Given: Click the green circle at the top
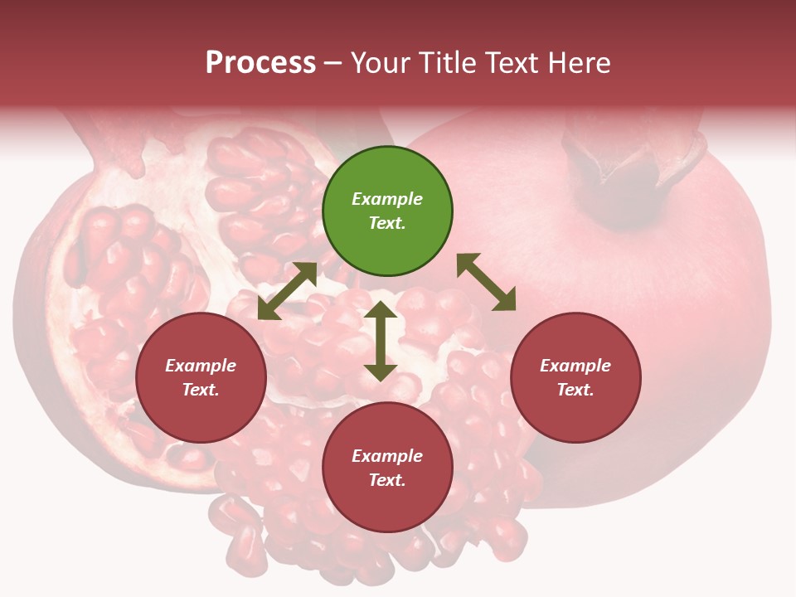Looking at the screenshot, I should [387, 211].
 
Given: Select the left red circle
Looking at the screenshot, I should [201, 378].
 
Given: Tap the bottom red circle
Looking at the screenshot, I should [387, 468].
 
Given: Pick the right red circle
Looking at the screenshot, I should [575, 378].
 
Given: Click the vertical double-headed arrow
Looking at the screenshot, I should [381, 341].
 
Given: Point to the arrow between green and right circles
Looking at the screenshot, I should [486, 282].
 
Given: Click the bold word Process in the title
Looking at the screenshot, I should [260, 63].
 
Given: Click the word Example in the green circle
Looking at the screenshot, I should [387, 199].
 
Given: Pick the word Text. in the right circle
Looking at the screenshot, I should [575, 390].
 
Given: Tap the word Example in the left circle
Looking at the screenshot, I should [201, 366].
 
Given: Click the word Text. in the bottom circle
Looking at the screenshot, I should [387, 480].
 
